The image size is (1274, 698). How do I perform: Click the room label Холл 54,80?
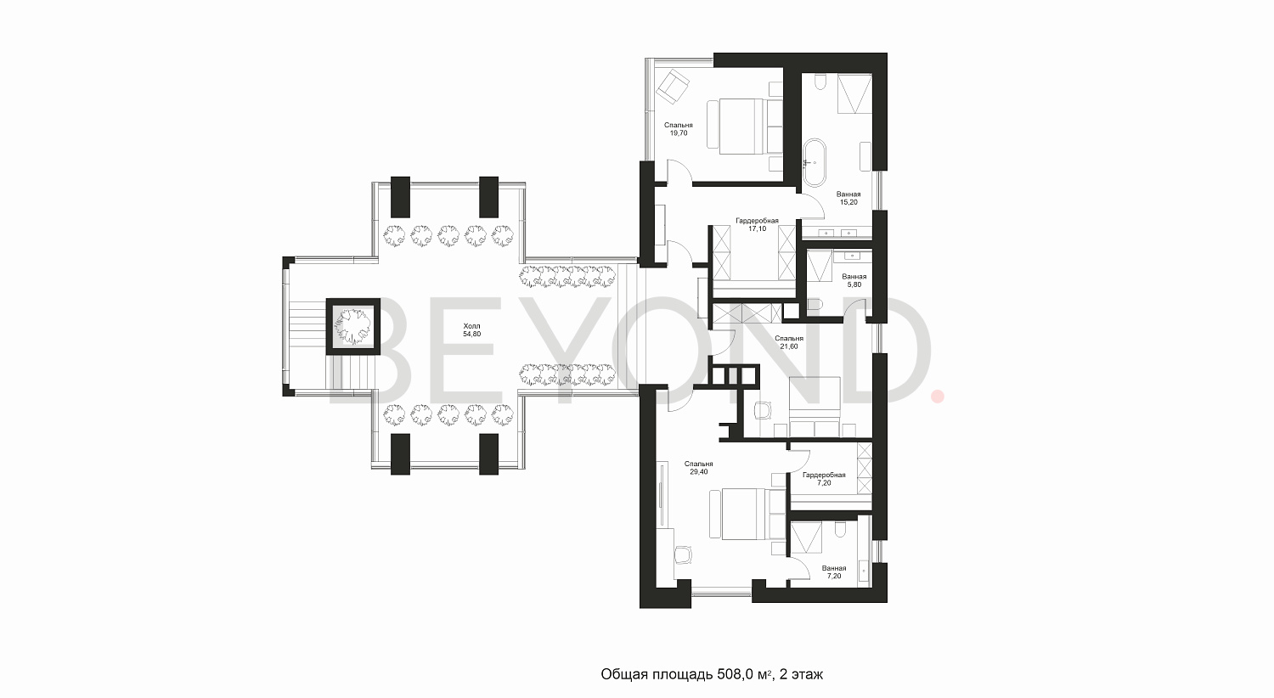click(471, 330)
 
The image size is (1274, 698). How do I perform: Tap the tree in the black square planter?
click(352, 324)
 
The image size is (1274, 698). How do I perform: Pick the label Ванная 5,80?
click(854, 280)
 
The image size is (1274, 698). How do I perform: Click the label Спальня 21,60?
click(790, 342)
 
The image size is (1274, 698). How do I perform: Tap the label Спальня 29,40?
click(699, 467)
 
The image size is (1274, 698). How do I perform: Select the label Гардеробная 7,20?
click(823, 479)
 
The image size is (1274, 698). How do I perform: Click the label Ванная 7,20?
click(833, 572)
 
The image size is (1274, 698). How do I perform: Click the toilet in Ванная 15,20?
click(820, 83)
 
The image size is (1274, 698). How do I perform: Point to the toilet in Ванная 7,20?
click(839, 530)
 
